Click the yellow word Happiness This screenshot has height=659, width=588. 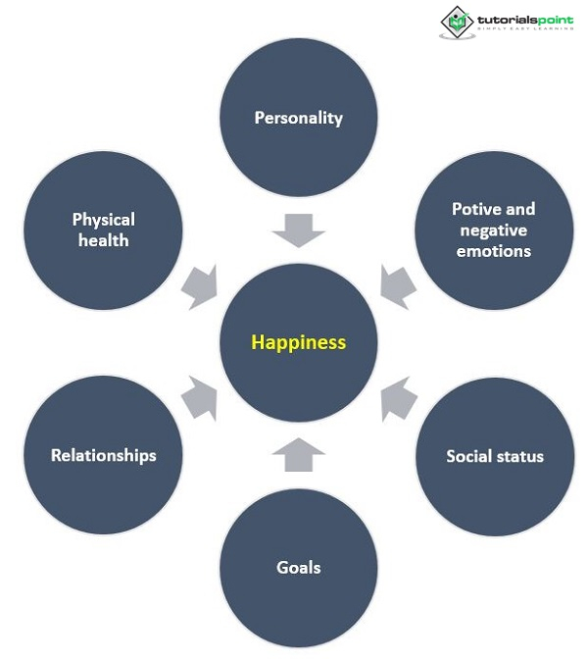coord(299,342)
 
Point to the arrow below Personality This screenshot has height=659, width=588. coord(299,231)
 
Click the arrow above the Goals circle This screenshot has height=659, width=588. coord(299,454)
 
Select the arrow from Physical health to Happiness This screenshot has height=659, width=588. coord(200,286)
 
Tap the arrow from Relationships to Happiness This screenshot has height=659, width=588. coord(200,398)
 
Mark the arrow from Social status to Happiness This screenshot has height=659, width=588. coord(398,398)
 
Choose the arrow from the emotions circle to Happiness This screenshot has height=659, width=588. coord(398,286)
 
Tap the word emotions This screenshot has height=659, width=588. coord(493,251)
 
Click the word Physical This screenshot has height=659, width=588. coord(103,220)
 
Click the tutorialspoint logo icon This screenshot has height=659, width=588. coord(455,22)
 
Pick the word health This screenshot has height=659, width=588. coord(103,240)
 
